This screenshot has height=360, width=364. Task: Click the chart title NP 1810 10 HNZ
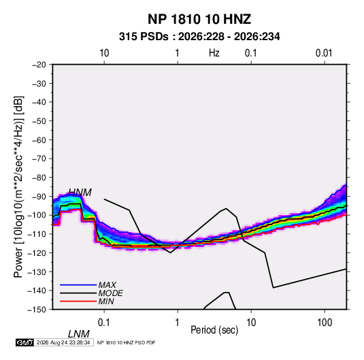199,19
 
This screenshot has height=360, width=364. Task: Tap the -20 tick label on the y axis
39,65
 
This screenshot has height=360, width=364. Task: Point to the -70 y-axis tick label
39,159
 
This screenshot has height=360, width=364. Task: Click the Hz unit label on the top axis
214,53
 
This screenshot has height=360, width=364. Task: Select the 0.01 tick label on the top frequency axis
324,53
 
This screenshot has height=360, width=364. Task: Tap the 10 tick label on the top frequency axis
104,53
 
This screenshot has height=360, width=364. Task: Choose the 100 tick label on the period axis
325,323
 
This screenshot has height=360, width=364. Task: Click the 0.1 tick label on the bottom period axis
104,323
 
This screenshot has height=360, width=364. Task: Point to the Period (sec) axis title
214,330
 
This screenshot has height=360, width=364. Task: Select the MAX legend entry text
107,285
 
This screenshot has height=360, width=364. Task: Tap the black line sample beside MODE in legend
78,293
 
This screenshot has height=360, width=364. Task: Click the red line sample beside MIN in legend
78,301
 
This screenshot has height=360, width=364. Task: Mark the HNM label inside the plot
80,193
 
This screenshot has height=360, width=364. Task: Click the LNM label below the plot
78,334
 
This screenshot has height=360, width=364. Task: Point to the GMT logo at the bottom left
24,342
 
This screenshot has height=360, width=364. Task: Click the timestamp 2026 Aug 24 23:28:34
63,342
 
